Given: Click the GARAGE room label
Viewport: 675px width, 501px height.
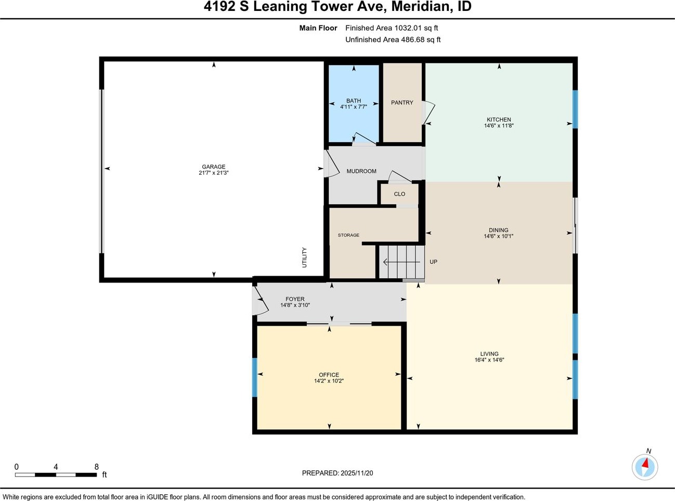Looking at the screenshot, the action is click(x=214, y=166).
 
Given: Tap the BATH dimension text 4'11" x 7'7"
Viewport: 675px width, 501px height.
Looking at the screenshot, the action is click(x=354, y=107).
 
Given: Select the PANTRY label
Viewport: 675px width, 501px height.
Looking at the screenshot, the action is click(x=402, y=102).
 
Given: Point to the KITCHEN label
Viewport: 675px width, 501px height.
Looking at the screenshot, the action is click(x=499, y=119).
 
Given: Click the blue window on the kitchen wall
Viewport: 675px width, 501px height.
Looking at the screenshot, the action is click(x=575, y=109).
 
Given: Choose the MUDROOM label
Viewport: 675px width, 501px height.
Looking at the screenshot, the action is click(x=361, y=171).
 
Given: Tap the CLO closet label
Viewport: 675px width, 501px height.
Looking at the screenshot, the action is click(x=399, y=194).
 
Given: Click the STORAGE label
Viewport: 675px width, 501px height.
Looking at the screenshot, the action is click(x=348, y=235).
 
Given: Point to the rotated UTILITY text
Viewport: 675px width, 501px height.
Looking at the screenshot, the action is click(x=304, y=258).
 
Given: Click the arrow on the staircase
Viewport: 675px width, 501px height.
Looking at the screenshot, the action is click(x=401, y=262).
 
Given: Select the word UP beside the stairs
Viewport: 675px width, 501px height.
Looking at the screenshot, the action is click(x=433, y=262).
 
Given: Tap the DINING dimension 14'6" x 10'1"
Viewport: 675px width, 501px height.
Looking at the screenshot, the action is click(x=499, y=236).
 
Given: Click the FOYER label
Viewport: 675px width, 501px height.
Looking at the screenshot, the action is click(x=295, y=299).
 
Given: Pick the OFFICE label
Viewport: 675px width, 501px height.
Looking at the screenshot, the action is click(x=329, y=375).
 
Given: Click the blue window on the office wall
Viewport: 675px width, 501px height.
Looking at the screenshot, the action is click(x=255, y=377).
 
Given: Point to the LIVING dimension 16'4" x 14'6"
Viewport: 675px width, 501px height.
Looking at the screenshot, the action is click(x=489, y=359).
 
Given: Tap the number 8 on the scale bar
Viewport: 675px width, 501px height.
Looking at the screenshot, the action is click(x=97, y=467).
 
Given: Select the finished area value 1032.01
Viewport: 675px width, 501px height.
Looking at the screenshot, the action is click(x=408, y=28).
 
